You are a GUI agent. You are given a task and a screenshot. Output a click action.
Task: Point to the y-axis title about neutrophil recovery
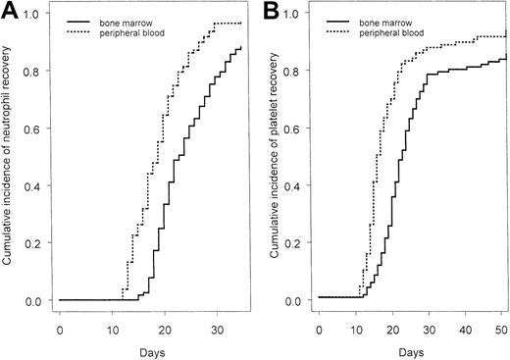9,163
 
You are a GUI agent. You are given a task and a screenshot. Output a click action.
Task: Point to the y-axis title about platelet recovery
269,163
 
